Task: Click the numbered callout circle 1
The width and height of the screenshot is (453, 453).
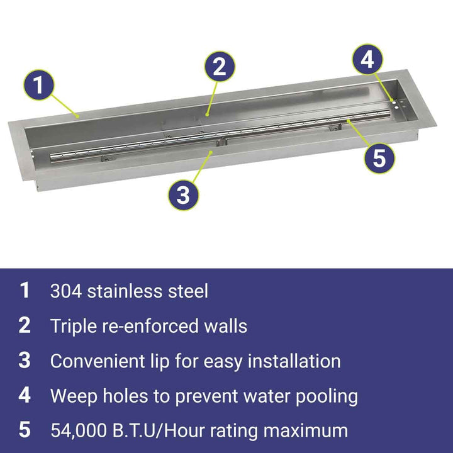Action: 39,85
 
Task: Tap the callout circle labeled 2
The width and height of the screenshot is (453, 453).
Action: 220,67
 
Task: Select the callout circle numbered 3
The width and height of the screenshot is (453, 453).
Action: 184,194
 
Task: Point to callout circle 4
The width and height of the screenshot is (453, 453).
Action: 367,60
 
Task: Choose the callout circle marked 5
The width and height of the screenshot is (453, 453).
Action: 379,158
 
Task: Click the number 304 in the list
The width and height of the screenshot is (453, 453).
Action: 66,291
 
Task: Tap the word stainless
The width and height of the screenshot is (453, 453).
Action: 125,291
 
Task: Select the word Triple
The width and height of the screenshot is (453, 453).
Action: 74,326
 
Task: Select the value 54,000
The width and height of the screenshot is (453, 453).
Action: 78,431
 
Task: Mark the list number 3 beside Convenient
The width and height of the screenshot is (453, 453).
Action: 25,361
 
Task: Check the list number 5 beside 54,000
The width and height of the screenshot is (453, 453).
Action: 25,430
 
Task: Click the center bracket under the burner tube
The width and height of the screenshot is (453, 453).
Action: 221,142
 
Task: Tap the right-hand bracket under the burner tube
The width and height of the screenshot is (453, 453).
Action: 335,127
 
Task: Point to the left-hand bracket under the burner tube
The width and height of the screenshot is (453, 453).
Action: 108,158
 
